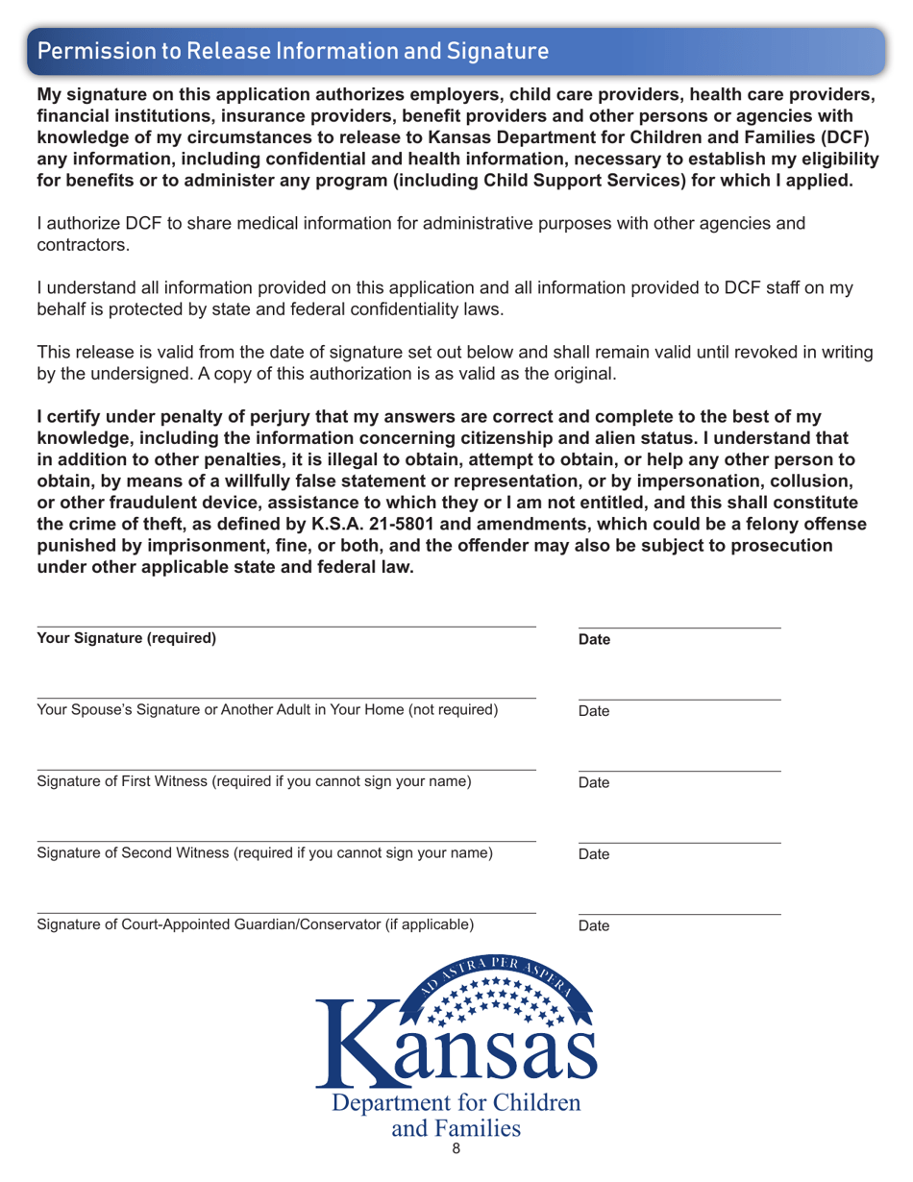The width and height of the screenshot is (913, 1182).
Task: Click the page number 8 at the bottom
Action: [x=456, y=1171]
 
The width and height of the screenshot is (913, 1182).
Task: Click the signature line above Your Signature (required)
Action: [x=286, y=627]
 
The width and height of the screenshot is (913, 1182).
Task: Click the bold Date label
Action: [x=596, y=640]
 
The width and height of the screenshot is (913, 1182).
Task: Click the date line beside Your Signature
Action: [x=679, y=628]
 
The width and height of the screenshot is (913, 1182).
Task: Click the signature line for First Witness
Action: [x=286, y=770]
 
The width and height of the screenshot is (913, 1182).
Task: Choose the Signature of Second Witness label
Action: [x=265, y=853]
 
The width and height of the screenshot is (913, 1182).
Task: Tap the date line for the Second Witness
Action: [x=679, y=843]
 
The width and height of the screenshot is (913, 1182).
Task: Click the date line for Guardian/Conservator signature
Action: [x=679, y=914]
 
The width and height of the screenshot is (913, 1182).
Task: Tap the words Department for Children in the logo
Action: [x=456, y=1102]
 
